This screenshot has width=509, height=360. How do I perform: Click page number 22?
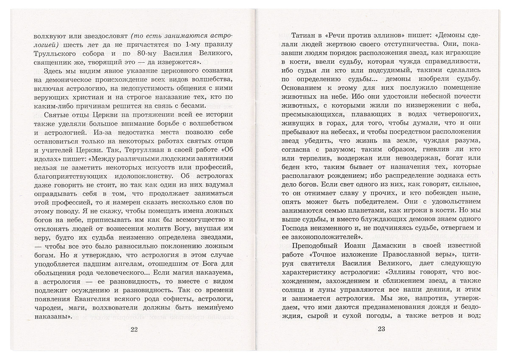tap(134, 329)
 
